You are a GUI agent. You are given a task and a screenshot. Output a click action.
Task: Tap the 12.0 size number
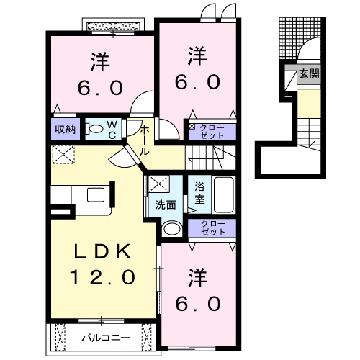coord(102,276)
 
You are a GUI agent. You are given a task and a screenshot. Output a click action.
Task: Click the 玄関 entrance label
coord(310,73)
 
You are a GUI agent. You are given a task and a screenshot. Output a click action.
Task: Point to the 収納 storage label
coord(64,130)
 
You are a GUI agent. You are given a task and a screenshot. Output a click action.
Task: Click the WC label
coord(113,129)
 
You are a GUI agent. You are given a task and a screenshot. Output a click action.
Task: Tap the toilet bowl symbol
coord(93,130)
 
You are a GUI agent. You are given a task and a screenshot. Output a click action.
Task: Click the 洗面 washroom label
coord(166,204)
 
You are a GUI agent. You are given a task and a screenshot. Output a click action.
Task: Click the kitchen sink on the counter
coord(95,194)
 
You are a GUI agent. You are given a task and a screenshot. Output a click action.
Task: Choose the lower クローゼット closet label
coord(212,228)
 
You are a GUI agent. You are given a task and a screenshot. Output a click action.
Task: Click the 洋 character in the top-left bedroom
coord(100,61)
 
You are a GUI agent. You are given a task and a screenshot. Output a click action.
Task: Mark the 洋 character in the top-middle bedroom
coord(194,55)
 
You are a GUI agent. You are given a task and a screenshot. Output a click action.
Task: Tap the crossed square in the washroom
coord(157,184)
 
